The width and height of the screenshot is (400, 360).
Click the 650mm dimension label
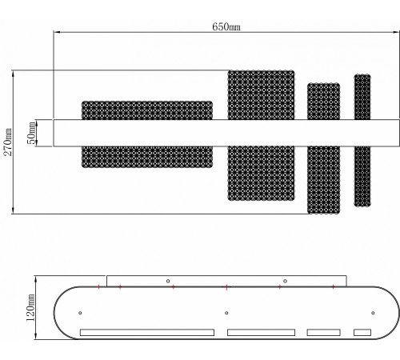(x=226, y=27)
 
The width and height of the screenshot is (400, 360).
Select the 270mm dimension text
(x=8, y=142)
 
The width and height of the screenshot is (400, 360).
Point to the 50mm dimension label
(x=31, y=133)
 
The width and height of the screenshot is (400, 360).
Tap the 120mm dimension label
(x=30, y=308)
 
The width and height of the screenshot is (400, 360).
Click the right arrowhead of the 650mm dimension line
(x=397, y=33)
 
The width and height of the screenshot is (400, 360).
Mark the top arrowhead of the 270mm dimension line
(x=13, y=74)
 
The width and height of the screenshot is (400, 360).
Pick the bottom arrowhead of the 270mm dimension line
(x=13, y=210)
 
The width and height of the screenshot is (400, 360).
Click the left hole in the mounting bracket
(x=168, y=281)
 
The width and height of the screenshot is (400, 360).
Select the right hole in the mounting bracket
(x=285, y=281)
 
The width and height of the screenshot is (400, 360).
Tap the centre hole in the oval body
(x=226, y=313)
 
